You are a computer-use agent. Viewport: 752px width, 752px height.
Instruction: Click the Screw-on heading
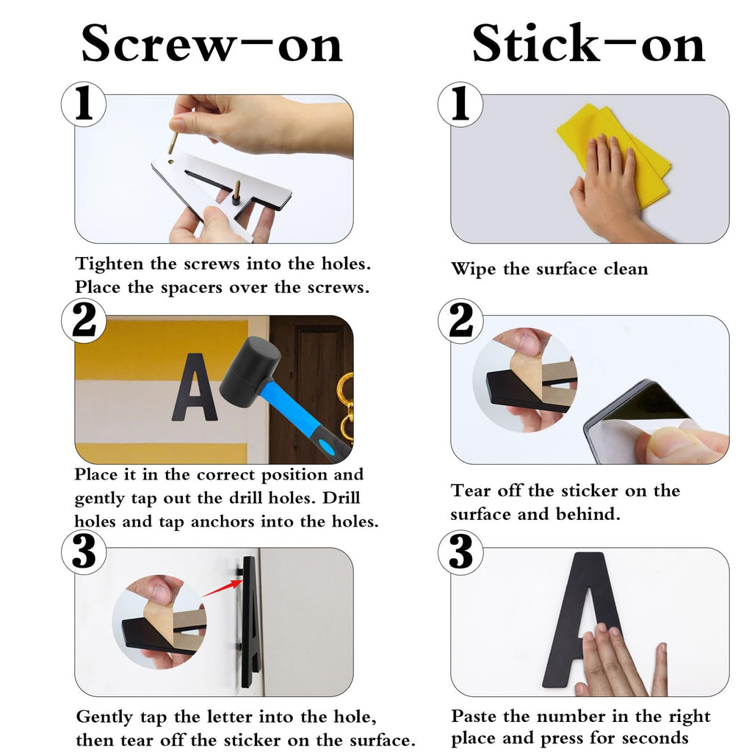point(211,43)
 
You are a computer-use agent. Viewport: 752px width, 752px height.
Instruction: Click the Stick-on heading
point(588,43)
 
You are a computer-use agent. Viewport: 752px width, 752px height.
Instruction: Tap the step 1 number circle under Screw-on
point(84,104)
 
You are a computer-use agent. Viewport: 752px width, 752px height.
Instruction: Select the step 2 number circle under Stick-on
point(460,321)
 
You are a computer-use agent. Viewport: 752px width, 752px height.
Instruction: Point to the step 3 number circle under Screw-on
point(84,552)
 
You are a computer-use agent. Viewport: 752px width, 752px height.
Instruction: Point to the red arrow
point(222,588)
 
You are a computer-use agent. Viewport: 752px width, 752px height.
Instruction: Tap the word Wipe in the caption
point(474,269)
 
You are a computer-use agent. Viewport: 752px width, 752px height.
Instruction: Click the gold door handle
point(347,407)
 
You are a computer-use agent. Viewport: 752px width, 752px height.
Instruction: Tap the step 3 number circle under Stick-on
point(460,552)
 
